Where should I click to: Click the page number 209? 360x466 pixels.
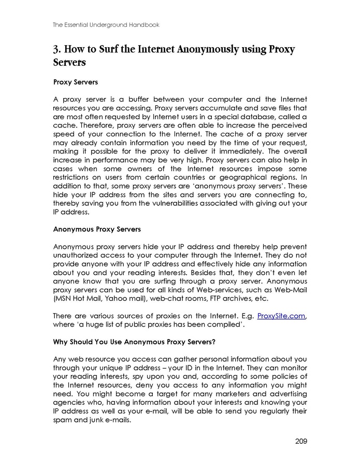[301, 441]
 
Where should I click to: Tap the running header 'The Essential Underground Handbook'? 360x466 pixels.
[106, 24]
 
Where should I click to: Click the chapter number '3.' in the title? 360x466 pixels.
[58, 50]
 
